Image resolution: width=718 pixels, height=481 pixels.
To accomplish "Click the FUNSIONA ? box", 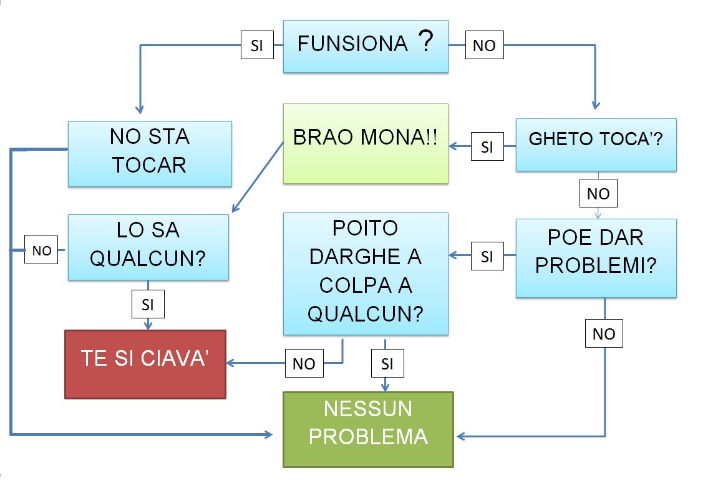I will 366,46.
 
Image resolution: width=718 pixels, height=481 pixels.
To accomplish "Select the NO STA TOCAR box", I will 149,153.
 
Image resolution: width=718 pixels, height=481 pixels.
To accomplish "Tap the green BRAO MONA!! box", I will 366,143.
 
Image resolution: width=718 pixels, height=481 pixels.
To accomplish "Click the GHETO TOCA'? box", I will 596,145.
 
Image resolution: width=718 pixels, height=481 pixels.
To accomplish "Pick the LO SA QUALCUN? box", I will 148,246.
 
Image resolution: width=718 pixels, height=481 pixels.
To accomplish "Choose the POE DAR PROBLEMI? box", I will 596,257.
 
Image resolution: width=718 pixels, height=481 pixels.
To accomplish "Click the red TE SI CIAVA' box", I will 145,364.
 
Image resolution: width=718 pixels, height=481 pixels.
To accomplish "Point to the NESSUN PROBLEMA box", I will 368,429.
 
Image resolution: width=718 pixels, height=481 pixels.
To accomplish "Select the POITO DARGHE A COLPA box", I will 366,274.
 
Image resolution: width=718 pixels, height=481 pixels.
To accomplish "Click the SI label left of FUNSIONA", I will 257,45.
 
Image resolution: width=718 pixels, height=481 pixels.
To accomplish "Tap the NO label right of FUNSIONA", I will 484,45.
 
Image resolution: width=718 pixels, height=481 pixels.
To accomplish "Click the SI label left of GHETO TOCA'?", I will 487,147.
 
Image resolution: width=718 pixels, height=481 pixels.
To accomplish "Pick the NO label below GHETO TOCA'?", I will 598,194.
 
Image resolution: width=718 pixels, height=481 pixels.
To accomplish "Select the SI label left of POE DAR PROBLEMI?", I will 487,255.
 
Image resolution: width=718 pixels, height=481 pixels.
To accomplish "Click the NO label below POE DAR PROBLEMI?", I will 604,334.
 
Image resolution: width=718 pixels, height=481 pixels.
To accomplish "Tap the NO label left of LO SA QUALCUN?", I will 41,251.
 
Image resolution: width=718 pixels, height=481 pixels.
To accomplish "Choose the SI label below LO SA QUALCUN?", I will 148,305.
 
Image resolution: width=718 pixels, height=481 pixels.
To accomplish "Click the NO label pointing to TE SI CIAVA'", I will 304,363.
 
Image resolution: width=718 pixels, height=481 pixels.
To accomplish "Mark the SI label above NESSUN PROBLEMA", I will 387,363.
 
